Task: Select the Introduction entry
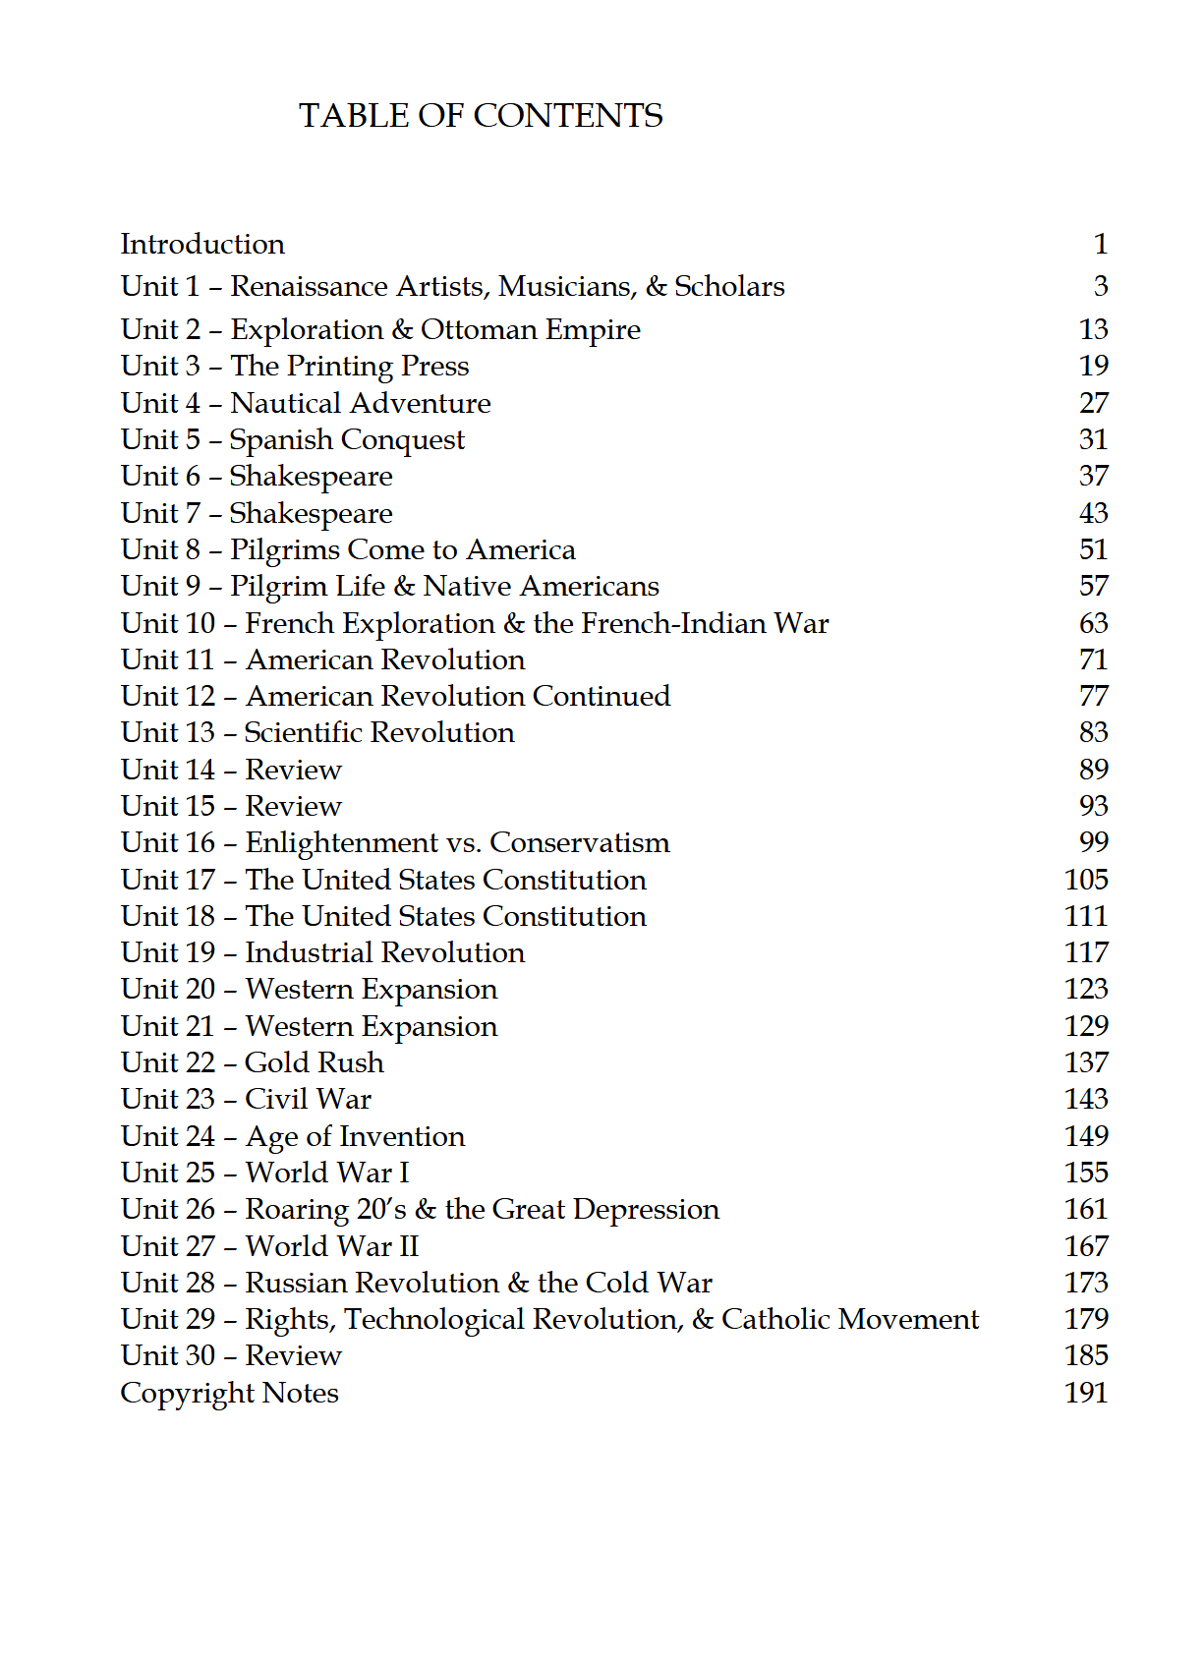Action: point(202,244)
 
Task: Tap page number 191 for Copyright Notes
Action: point(1086,1393)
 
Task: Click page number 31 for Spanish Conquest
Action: point(1093,439)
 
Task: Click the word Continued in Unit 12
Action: point(601,697)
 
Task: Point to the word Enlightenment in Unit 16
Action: point(341,843)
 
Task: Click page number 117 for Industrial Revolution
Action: point(1086,952)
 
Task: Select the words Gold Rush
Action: point(315,1062)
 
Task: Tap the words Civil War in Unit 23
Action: point(308,1099)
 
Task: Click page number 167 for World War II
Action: point(1086,1246)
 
